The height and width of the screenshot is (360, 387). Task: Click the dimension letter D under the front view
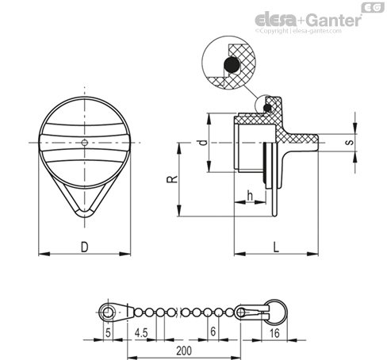(84, 247)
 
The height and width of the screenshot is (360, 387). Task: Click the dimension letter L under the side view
(276, 247)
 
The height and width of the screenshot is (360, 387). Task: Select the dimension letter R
(172, 179)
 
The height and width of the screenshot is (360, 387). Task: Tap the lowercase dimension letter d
(203, 143)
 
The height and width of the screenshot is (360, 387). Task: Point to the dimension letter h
(250, 196)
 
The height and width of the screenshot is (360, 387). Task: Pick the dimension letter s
(349, 143)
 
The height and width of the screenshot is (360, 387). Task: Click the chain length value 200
(184, 350)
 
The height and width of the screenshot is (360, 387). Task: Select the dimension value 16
(274, 333)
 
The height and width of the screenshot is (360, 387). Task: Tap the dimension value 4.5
(141, 333)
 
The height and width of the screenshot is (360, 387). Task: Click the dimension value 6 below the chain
(213, 331)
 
